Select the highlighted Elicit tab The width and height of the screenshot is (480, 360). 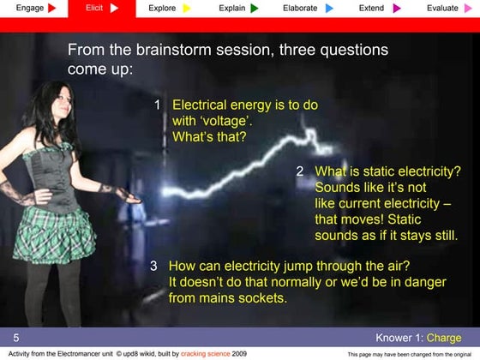point(94,8)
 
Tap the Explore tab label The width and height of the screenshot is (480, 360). point(162,8)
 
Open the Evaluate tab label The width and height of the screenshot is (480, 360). point(442,8)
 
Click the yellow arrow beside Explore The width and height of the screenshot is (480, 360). point(187,8)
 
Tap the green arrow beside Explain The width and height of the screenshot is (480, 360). point(255,8)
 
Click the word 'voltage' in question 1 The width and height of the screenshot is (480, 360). point(225,121)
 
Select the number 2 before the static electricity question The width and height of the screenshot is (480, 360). point(300,171)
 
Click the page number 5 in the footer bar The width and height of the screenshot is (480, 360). point(15,338)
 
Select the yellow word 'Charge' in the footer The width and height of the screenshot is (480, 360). point(443,338)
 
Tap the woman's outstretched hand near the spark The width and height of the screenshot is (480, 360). point(129,196)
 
